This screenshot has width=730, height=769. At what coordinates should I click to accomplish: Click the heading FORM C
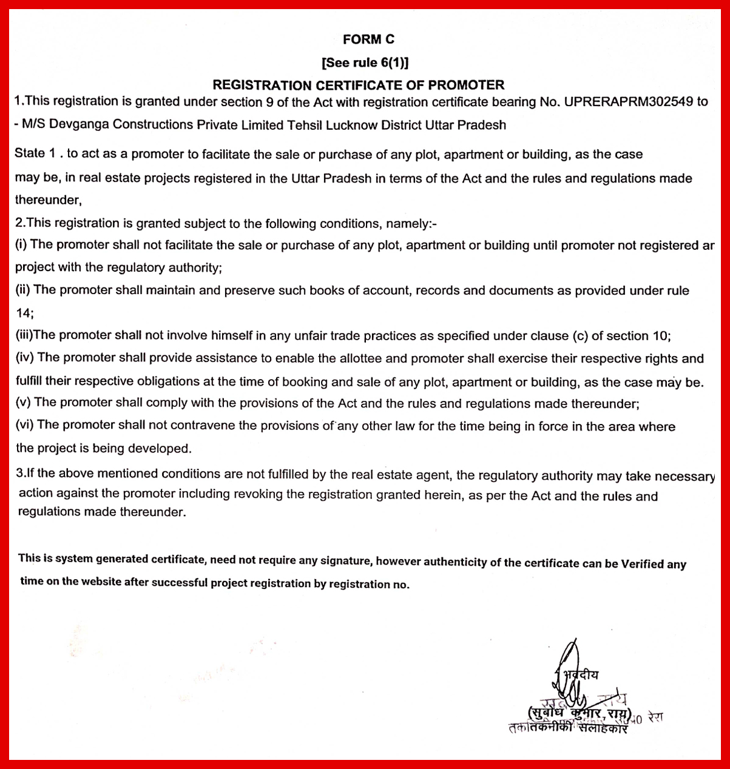click(x=368, y=39)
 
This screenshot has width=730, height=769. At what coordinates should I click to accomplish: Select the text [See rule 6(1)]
click(x=365, y=62)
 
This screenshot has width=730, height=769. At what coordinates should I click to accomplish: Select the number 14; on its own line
click(x=24, y=313)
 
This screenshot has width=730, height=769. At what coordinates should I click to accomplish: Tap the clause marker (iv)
click(x=25, y=358)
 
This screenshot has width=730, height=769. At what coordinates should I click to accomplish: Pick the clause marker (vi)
click(x=25, y=425)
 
